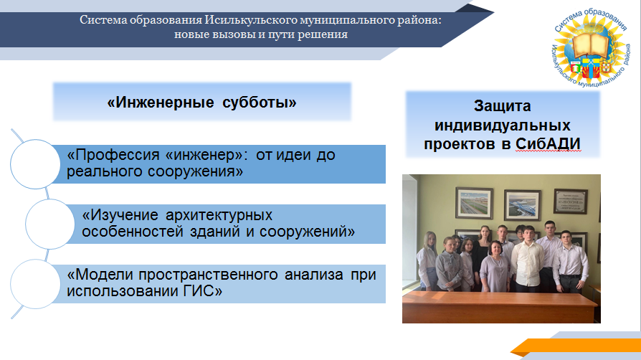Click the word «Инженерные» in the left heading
161,103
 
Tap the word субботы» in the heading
259,103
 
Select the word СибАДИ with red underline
548,144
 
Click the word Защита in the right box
503,106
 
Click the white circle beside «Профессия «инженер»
35,164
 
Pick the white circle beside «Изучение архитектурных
50,224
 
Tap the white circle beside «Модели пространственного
35,284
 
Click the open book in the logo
590,45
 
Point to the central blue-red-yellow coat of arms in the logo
591,68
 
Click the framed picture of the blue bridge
523,206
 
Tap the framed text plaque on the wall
571,202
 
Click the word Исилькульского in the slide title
251,20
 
